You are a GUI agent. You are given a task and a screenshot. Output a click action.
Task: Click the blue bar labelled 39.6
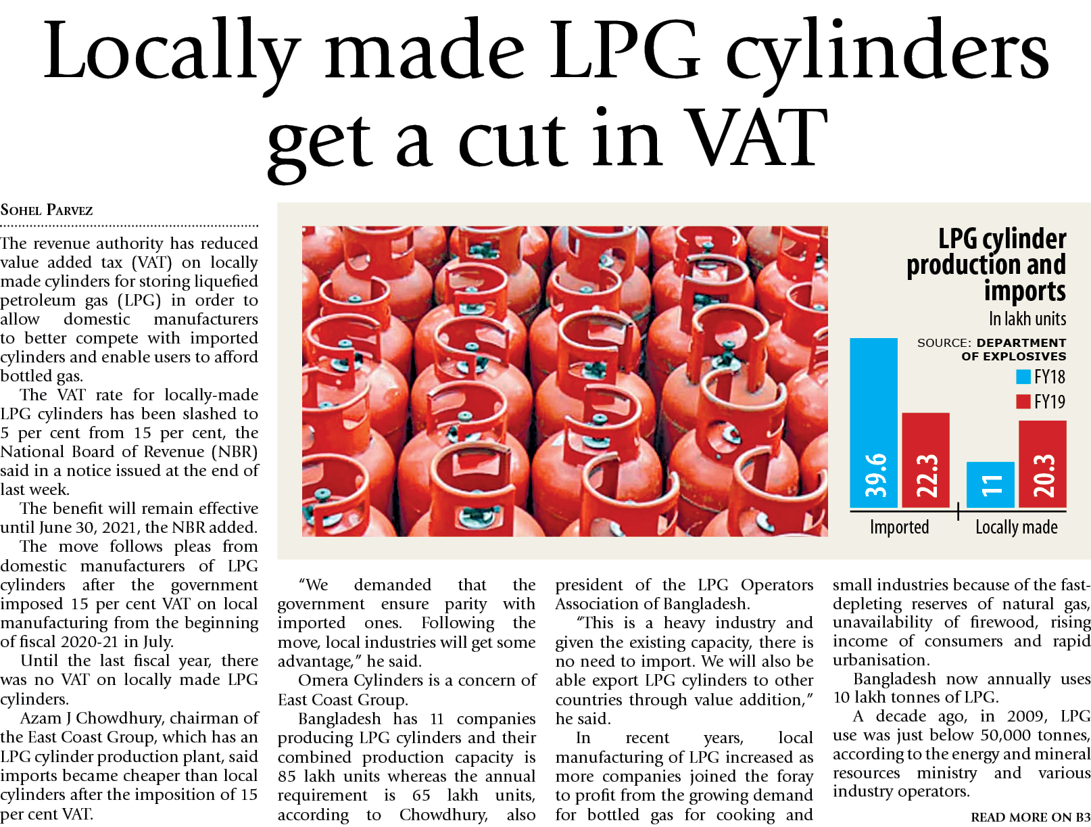(873, 423)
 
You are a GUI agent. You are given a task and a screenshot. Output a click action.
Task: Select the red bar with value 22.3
(925, 460)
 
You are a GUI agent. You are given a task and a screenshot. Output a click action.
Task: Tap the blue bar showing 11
(990, 484)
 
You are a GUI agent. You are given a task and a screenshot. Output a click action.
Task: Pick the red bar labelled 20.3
(1042, 463)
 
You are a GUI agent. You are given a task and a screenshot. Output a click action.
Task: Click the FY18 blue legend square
(1023, 377)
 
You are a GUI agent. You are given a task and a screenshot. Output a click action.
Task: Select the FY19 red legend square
(1023, 402)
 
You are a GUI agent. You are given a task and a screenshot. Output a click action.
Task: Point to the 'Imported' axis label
(899, 527)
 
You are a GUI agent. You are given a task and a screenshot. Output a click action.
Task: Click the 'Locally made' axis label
(1016, 527)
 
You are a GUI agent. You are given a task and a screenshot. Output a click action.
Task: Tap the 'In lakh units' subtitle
(1027, 318)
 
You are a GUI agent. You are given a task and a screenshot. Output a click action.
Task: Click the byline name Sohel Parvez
(47, 210)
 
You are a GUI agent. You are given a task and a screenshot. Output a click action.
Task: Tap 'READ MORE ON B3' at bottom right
(1029, 817)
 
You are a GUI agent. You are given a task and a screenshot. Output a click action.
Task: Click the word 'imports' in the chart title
(1024, 291)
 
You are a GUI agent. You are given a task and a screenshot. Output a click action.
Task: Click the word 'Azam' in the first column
(41, 718)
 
